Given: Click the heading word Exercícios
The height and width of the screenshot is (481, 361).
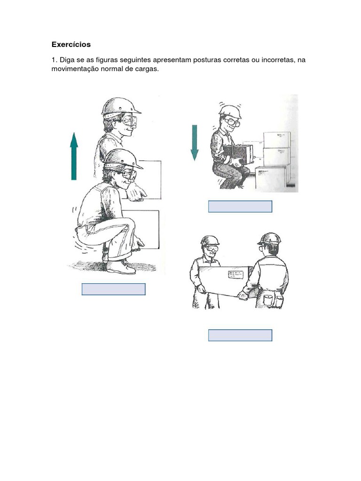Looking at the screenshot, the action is click(x=71, y=45).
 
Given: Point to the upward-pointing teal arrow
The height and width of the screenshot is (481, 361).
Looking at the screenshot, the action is click(x=74, y=156).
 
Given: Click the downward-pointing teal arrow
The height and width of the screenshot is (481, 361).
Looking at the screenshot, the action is click(x=194, y=142).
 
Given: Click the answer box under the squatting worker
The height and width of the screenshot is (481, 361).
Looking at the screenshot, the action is click(x=114, y=289).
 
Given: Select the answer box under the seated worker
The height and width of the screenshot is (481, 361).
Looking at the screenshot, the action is click(x=240, y=207).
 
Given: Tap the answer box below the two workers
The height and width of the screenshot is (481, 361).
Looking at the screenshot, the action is click(x=240, y=335).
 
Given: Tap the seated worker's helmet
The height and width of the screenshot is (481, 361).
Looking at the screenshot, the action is click(x=230, y=112).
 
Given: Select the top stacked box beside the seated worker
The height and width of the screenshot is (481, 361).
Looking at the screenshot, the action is click(x=277, y=140).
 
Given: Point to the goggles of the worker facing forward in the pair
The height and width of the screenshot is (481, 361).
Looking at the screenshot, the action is click(x=212, y=248).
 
